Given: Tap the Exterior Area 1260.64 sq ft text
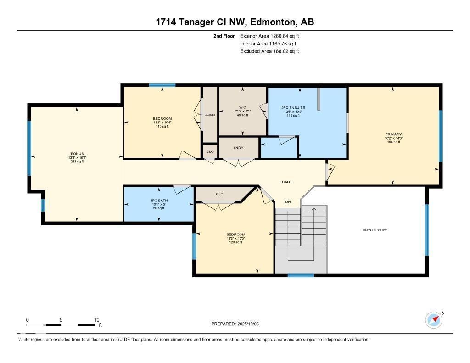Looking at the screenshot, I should pyautogui.click(x=269, y=36).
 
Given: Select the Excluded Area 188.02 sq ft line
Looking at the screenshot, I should pyautogui.click(x=269, y=51).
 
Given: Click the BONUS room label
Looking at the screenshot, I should pyautogui.click(x=77, y=154).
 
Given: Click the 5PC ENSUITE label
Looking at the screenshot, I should pyautogui.click(x=293, y=108).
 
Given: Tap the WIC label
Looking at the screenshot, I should pyautogui.click(x=242, y=107).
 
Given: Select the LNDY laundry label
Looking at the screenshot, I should pyautogui.click(x=238, y=148).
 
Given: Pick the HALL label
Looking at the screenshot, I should pyautogui.click(x=286, y=182).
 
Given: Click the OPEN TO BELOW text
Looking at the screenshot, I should pyautogui.click(x=375, y=230).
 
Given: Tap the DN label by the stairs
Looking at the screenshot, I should pyautogui.click(x=288, y=202).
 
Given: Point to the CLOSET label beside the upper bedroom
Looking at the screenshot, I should pyautogui.click(x=210, y=115).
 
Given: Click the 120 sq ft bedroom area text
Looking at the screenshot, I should pyautogui.click(x=235, y=242).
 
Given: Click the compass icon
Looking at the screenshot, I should pyautogui.click(x=434, y=319).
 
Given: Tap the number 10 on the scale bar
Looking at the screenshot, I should pyautogui.click(x=96, y=320).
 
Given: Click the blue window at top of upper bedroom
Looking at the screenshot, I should pyautogui.click(x=162, y=85).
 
